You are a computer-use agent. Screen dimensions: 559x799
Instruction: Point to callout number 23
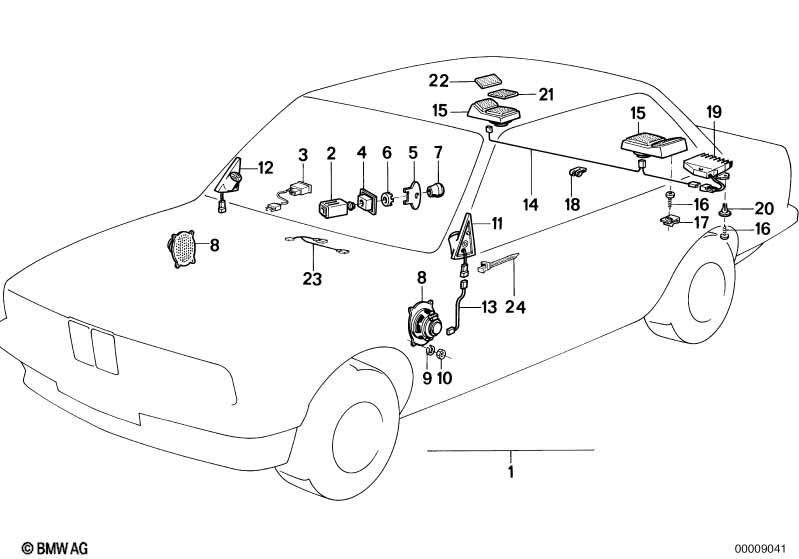(x=313, y=279)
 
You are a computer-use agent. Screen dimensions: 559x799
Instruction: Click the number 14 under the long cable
(x=530, y=204)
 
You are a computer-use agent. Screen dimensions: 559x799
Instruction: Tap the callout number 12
(x=265, y=168)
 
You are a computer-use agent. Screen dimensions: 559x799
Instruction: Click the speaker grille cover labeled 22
(x=488, y=80)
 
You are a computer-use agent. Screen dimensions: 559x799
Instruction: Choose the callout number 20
(x=764, y=208)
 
